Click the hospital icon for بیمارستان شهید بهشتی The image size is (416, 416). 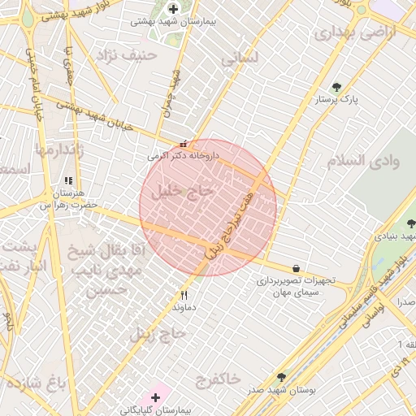[x=172, y=9]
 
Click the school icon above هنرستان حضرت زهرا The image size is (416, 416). [x=68, y=180]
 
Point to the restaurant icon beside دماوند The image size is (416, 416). [x=184, y=295]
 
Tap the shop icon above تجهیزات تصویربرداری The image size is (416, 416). [x=295, y=268]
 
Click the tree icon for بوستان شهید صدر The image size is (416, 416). [x=282, y=377]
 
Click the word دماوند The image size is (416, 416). [x=184, y=308]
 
